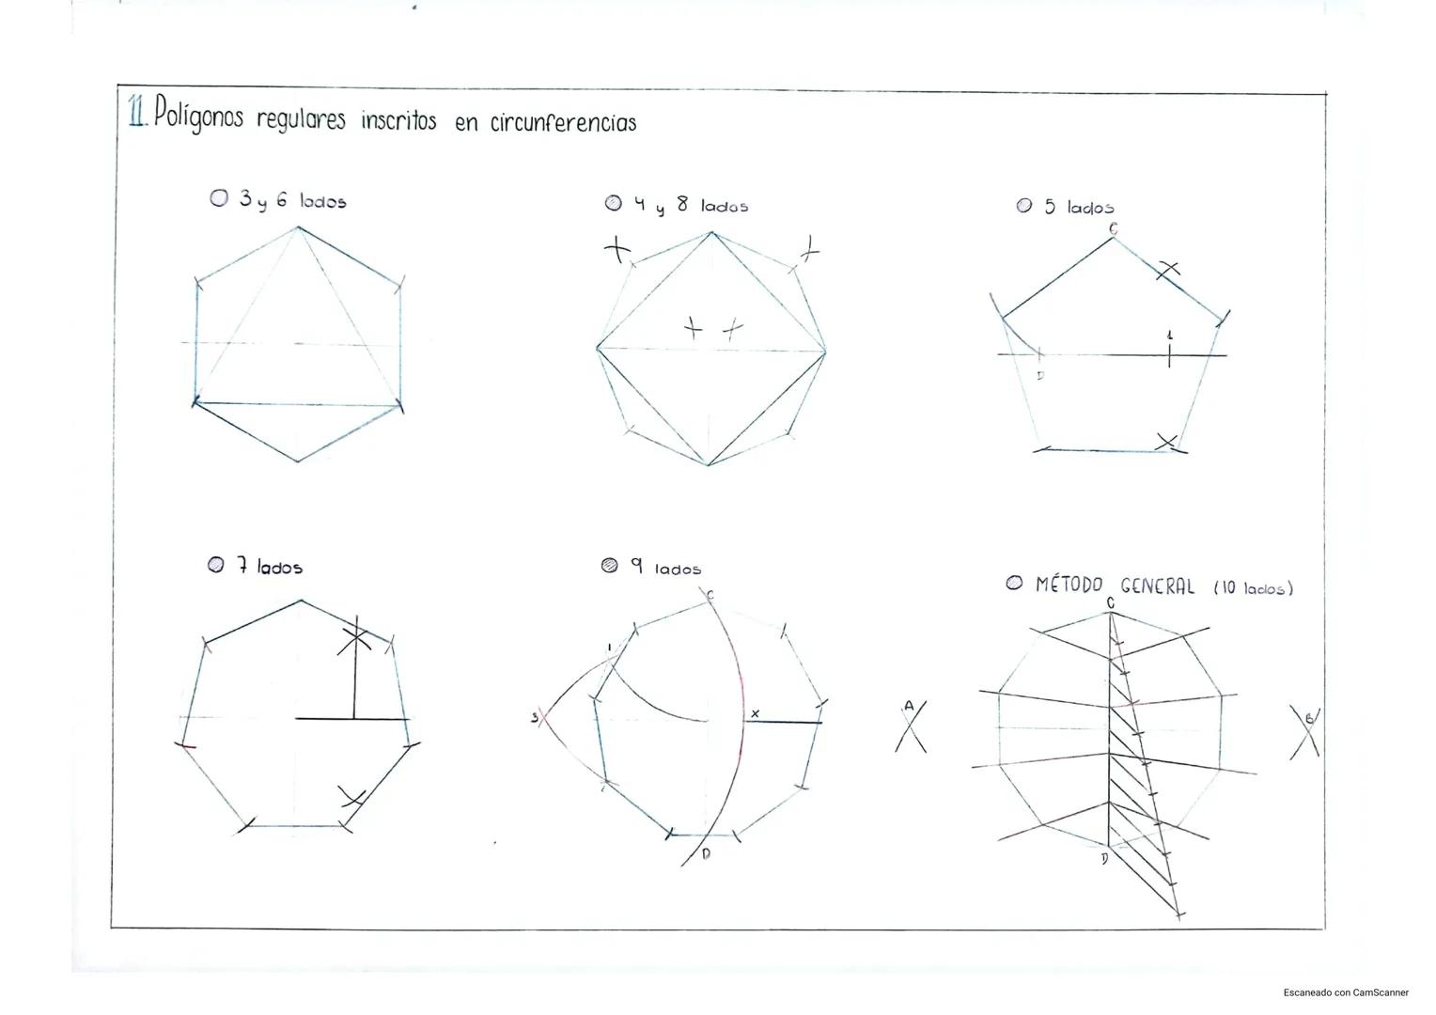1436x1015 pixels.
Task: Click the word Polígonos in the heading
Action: click(x=198, y=114)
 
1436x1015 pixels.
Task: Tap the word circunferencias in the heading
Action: click(x=564, y=122)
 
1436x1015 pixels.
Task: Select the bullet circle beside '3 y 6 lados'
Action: click(x=219, y=198)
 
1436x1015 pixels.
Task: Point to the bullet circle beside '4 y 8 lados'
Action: click(x=614, y=203)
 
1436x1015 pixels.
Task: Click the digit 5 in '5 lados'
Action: click(x=1050, y=206)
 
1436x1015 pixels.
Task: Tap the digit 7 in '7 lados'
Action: click(x=242, y=565)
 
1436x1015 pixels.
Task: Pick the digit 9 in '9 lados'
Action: click(x=636, y=565)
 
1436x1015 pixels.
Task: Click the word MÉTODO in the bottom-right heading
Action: click(x=1069, y=585)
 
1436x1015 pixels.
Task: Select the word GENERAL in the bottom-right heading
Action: click(x=1157, y=586)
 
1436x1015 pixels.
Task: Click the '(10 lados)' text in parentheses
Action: click(x=1254, y=588)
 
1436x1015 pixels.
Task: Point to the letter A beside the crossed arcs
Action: click(x=909, y=706)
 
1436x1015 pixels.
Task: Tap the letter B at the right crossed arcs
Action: click(x=1309, y=719)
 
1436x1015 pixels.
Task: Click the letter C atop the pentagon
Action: click(x=1113, y=228)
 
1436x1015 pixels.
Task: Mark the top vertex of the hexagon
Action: click(x=298, y=227)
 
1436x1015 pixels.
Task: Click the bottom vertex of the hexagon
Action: click(x=298, y=461)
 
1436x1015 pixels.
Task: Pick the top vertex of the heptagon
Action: click(x=301, y=601)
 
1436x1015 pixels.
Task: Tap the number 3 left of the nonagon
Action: click(x=534, y=718)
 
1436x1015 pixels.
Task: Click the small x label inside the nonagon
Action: click(x=756, y=713)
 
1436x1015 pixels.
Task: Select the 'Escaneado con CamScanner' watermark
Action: click(x=1346, y=992)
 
